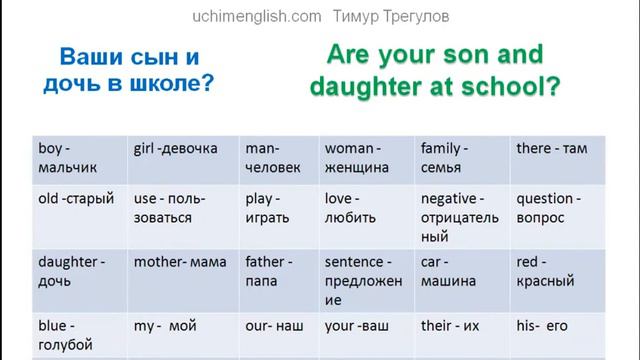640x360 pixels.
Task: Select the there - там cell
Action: click(x=551, y=149)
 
